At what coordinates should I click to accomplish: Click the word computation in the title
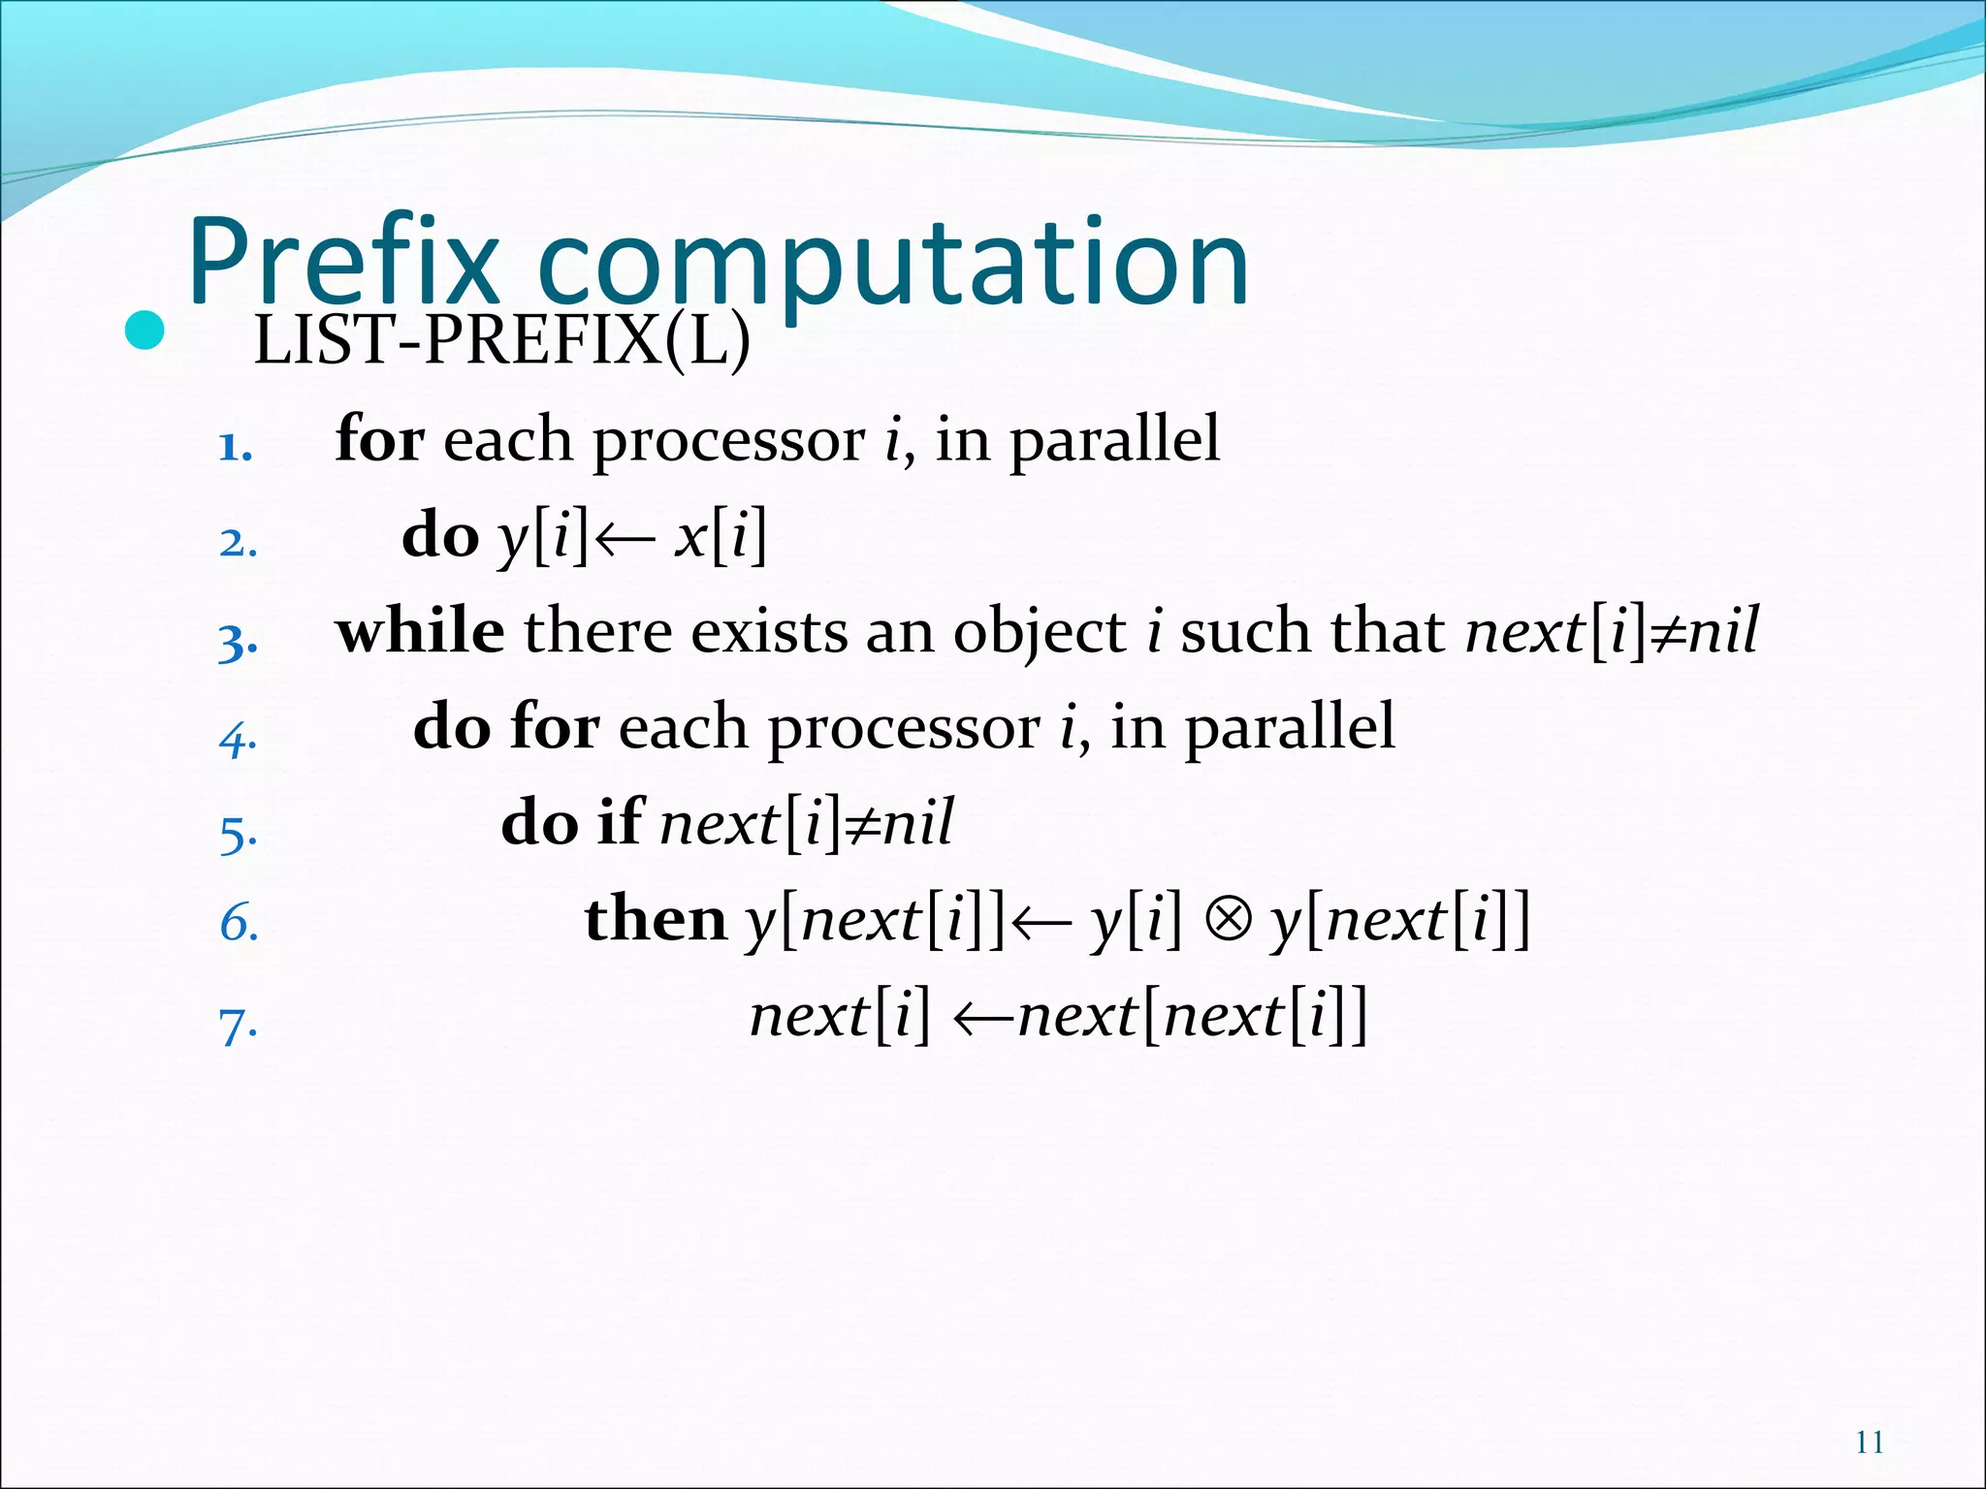892,267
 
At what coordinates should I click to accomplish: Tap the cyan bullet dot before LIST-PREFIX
145,333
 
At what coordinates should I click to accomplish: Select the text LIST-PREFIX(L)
501,341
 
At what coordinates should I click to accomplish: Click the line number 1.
235,448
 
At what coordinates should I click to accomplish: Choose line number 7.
238,1026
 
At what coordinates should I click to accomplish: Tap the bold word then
655,919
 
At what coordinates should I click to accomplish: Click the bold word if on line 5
620,822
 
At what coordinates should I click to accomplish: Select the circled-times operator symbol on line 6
1228,919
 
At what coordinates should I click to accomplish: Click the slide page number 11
1869,1442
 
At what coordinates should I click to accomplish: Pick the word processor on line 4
903,729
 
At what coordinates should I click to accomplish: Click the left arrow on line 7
983,1018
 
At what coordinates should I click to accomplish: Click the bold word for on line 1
379,439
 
